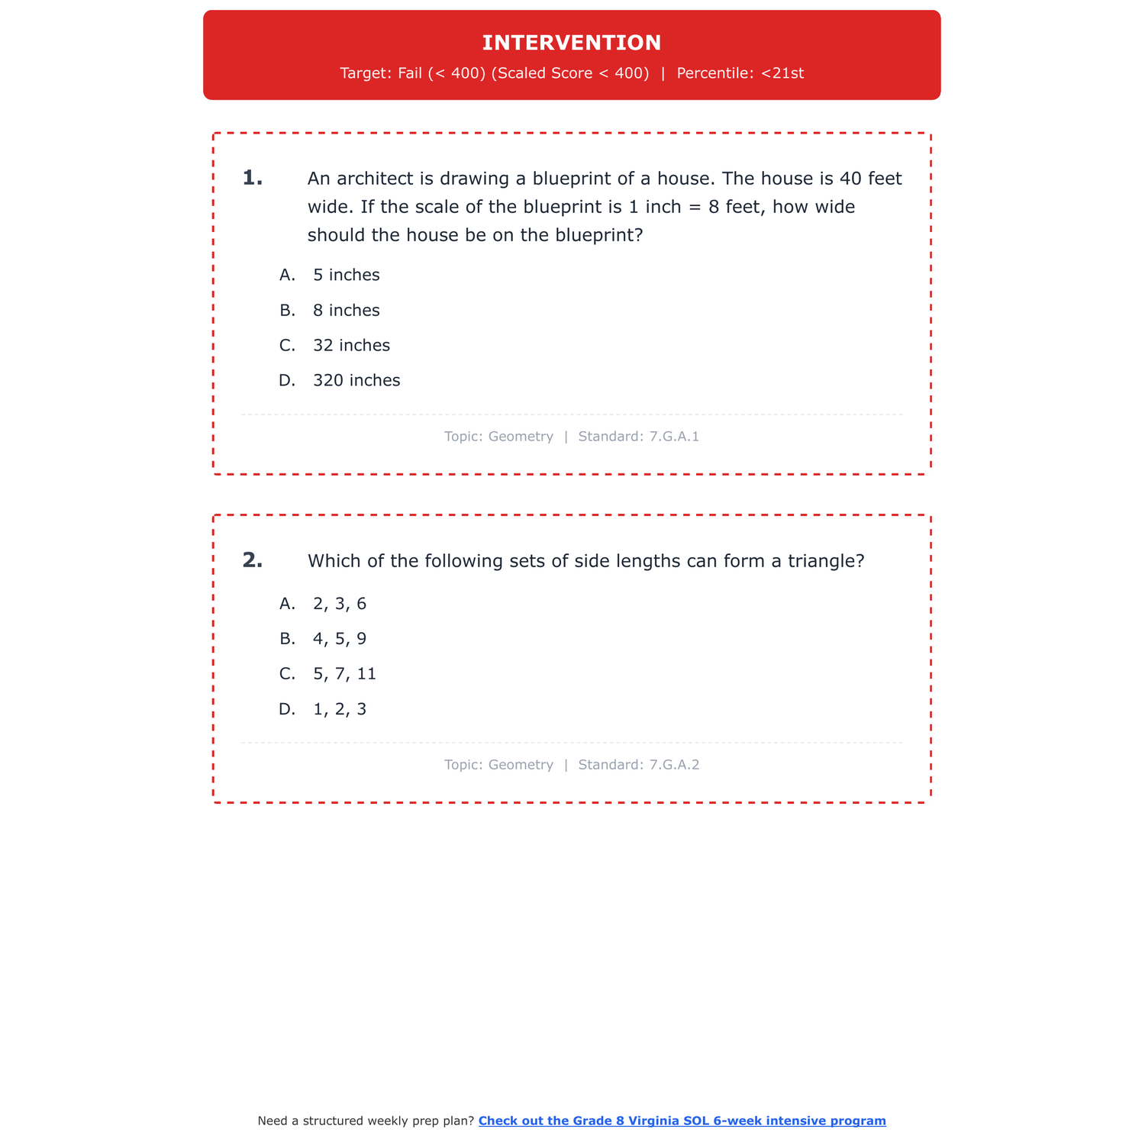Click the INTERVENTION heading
click(x=572, y=43)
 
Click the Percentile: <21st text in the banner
click(x=740, y=73)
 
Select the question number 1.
click(x=253, y=179)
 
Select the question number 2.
click(x=253, y=561)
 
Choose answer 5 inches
click(x=346, y=275)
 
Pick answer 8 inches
click(x=346, y=311)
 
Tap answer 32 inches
click(x=351, y=346)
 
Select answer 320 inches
click(x=356, y=381)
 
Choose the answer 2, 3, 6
click(x=340, y=604)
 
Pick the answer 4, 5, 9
click(x=340, y=639)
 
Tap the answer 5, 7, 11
click(x=344, y=674)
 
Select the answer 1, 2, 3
click(x=340, y=709)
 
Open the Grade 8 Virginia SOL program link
click(x=682, y=1121)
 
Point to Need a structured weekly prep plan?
click(x=366, y=1121)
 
